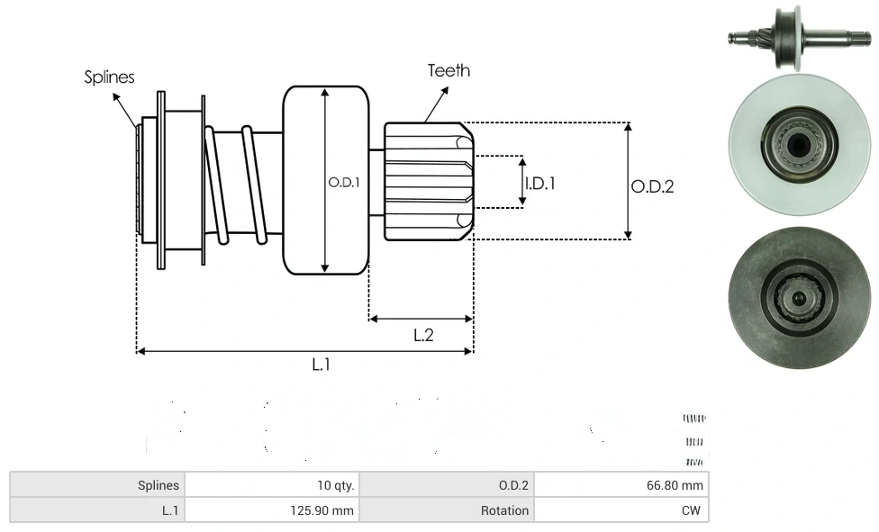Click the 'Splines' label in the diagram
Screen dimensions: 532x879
click(x=109, y=77)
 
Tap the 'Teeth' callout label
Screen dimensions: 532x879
click(x=449, y=70)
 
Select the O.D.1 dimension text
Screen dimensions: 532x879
click(x=344, y=182)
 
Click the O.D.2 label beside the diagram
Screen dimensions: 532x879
click(x=652, y=187)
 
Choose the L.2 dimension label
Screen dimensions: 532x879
click(x=423, y=335)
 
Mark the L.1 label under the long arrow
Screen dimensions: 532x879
click(x=322, y=365)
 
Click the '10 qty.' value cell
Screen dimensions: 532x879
click(x=335, y=485)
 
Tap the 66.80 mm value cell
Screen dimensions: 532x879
click(x=675, y=485)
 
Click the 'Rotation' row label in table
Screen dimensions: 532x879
click(x=504, y=510)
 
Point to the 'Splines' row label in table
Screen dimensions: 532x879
click(x=159, y=485)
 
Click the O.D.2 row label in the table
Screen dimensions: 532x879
click(x=513, y=485)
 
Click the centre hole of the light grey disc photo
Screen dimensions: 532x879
click(x=798, y=144)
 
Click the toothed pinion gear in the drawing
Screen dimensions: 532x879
click(x=428, y=181)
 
